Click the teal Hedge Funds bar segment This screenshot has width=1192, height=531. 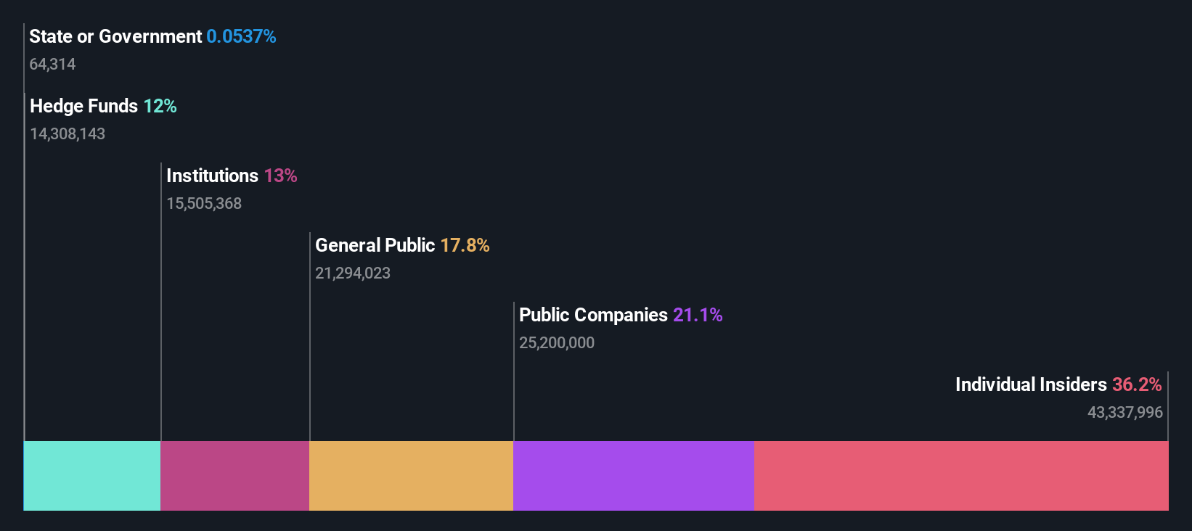[92, 475]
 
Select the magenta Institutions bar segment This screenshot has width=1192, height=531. [234, 475]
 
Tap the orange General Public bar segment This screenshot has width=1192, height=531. [411, 475]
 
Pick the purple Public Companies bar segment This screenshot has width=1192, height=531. [633, 475]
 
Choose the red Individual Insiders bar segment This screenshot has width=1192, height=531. [961, 475]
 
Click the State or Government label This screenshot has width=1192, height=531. [115, 36]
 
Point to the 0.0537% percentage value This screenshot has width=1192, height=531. [241, 36]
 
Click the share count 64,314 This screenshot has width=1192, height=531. [52, 64]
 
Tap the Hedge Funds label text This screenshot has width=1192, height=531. [83, 106]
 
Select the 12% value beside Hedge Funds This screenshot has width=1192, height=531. [160, 106]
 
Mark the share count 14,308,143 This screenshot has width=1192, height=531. [68, 133]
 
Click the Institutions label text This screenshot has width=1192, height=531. [212, 176]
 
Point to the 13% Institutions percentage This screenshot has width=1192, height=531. [280, 176]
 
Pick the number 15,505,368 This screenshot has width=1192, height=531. [204, 203]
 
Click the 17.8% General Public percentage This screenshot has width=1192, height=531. [465, 245]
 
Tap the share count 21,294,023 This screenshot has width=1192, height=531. [353, 273]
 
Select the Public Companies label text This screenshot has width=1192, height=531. [593, 315]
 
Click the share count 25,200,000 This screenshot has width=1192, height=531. [557, 342]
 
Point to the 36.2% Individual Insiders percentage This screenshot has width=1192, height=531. [1137, 384]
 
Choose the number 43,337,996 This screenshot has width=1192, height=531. [1124, 412]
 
